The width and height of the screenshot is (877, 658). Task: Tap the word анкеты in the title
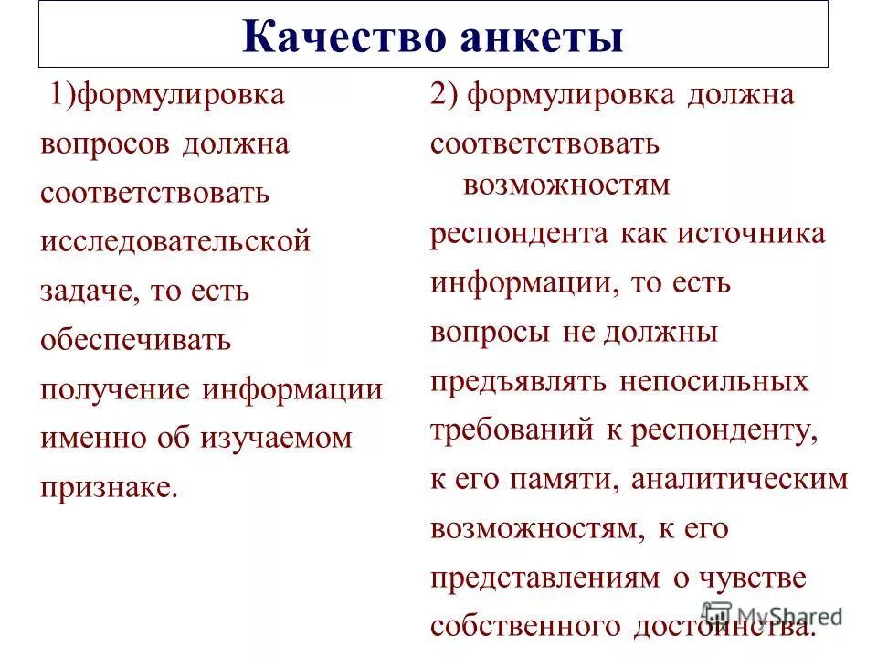tap(539, 38)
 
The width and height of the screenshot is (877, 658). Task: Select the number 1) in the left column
tap(62, 95)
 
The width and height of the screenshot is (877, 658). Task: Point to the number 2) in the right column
tap(443, 95)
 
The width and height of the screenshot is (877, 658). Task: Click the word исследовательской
tap(175, 242)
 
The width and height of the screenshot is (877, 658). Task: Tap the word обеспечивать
tap(136, 340)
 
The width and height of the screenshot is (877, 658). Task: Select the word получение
tap(116, 389)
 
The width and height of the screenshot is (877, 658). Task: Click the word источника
tap(751, 234)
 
